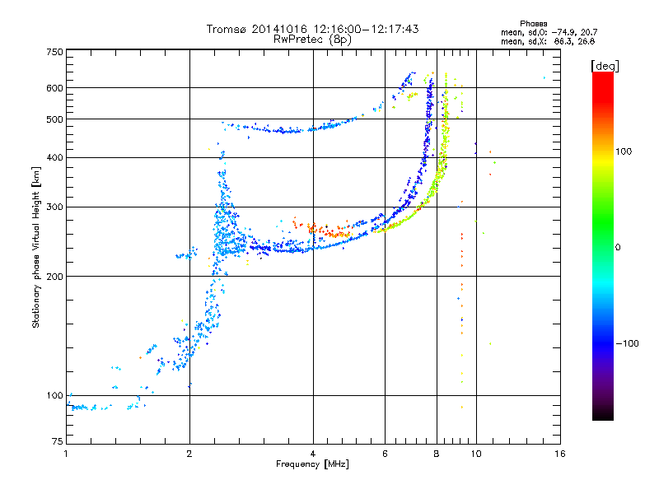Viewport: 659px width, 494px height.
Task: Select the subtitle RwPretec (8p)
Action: pos(312,40)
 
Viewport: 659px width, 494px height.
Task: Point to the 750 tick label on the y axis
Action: pos(54,52)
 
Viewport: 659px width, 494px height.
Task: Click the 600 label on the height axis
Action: pos(54,88)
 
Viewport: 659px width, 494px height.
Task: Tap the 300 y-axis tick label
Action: pos(54,207)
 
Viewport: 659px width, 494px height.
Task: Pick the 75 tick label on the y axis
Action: pos(58,440)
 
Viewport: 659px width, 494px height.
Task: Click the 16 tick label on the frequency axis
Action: pos(560,454)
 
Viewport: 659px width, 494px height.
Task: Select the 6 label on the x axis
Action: pos(385,454)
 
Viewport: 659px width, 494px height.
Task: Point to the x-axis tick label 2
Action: pos(189,454)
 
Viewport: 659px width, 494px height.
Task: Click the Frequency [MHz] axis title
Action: pos(312,464)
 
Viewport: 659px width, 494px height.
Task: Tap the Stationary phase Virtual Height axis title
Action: pos(35,247)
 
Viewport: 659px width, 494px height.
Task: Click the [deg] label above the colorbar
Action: pos(605,66)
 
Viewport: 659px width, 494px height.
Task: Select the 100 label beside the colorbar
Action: pos(624,151)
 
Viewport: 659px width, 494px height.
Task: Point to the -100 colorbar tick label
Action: pos(627,343)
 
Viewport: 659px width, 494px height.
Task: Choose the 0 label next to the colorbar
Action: pos(618,247)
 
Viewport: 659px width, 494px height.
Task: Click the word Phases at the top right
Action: pos(533,24)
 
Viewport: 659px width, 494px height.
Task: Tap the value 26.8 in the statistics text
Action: pos(586,41)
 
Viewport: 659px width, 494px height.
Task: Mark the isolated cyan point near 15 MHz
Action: pos(544,77)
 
